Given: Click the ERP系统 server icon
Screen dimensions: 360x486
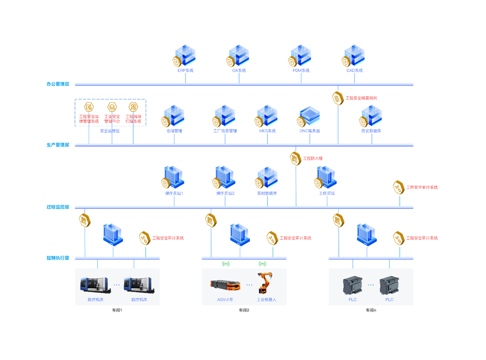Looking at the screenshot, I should pyautogui.click(x=185, y=56).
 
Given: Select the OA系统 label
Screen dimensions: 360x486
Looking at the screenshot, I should pyautogui.click(x=239, y=71).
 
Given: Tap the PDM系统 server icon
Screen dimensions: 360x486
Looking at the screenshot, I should pyautogui.click(x=301, y=56).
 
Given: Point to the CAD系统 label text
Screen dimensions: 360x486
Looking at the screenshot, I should pyautogui.click(x=354, y=71).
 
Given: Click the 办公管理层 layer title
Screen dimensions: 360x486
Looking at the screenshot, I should pyautogui.click(x=58, y=84).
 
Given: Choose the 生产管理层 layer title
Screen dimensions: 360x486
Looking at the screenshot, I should pyautogui.click(x=58, y=145).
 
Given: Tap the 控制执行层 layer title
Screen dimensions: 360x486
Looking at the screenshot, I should pyautogui.click(x=58, y=258).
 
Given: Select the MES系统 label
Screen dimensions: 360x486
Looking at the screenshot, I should pyautogui.click(x=267, y=131).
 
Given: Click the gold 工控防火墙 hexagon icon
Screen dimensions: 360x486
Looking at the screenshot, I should pyautogui.click(x=295, y=158).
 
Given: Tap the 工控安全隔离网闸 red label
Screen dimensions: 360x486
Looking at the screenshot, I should pyautogui.click(x=361, y=98).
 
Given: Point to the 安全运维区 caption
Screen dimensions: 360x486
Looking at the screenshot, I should pyautogui.click(x=110, y=131).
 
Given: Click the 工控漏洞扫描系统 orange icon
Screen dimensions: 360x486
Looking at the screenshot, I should pyautogui.click(x=133, y=107).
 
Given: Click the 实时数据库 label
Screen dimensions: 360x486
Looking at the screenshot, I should pyautogui.click(x=267, y=193).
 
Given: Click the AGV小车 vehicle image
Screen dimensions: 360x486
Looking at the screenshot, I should pyautogui.click(x=225, y=285).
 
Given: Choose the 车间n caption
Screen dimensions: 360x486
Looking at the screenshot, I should pyautogui.click(x=371, y=310).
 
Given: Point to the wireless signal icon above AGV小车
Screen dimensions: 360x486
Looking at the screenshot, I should pyautogui.click(x=226, y=264).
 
